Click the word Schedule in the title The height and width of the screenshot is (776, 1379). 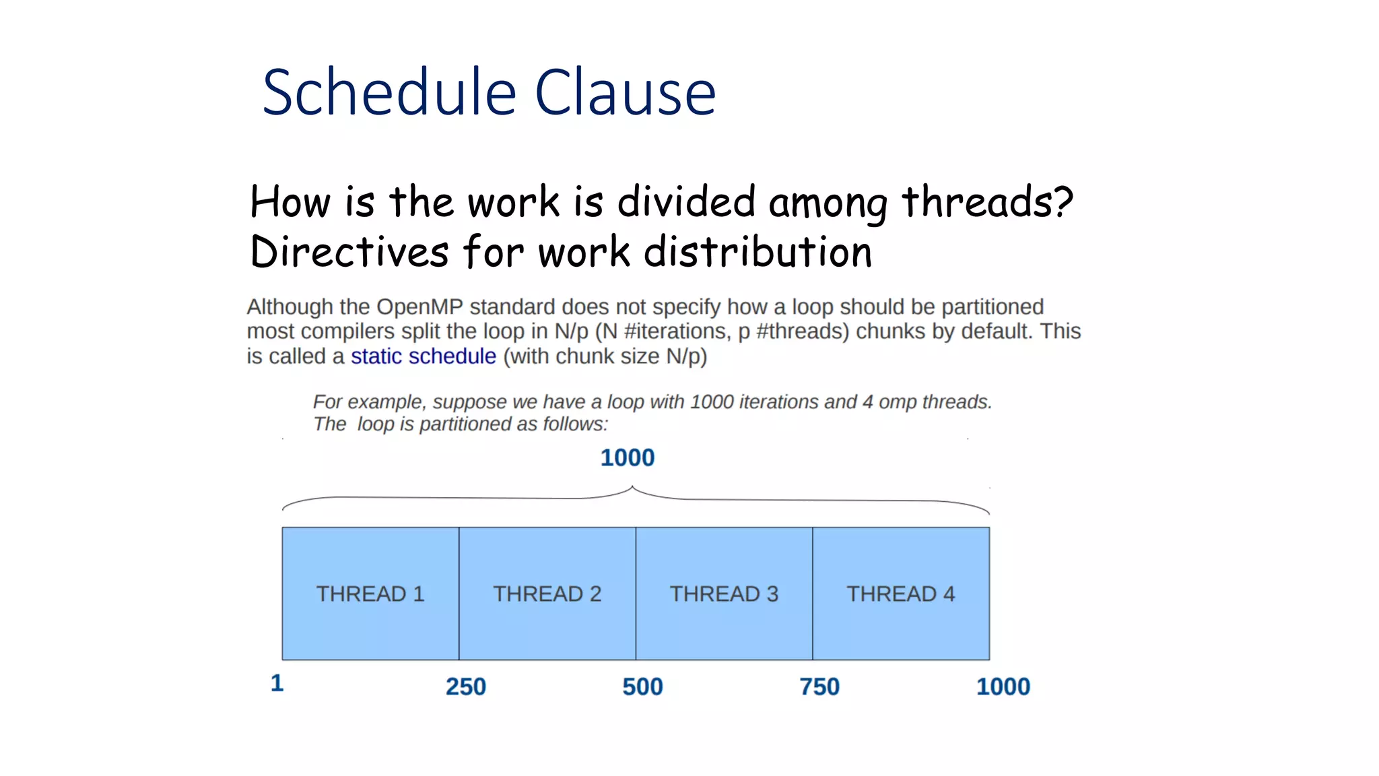[x=389, y=92]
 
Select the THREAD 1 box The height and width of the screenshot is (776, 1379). [x=370, y=593]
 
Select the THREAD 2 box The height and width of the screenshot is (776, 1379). [x=547, y=593]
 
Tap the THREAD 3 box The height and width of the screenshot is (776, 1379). [x=724, y=593]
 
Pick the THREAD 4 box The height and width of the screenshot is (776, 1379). [x=900, y=593]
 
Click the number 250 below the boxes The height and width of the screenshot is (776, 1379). [x=465, y=686]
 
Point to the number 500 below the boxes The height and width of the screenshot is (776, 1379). [x=642, y=686]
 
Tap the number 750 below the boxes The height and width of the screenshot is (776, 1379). [x=819, y=686]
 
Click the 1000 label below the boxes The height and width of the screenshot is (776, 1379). [x=1003, y=686]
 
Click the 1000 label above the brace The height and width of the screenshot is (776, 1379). [x=627, y=458]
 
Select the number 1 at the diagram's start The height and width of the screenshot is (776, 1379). [x=277, y=683]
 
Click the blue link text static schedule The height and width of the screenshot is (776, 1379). [x=423, y=356]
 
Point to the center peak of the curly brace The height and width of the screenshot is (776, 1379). [x=632, y=487]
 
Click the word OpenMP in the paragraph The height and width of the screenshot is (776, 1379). [x=419, y=306]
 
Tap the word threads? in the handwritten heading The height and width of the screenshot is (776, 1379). [x=986, y=201]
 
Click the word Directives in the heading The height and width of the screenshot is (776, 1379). [x=349, y=252]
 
